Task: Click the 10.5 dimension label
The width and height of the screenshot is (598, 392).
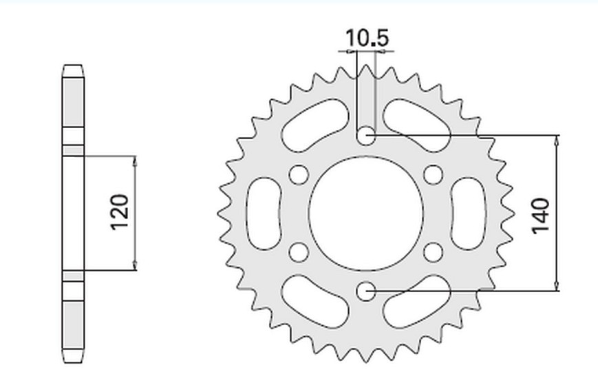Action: coord(367,38)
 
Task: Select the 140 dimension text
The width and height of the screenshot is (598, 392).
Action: coord(541,216)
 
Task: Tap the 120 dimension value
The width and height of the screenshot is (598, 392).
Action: coord(120,212)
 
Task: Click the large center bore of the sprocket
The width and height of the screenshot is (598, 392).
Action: coord(366,214)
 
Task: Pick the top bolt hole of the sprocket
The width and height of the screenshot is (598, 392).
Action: coord(366,136)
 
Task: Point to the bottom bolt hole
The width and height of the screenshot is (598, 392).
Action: coord(366,291)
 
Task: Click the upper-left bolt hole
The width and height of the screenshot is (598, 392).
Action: coord(299,174)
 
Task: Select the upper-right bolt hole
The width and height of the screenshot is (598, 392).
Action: coord(434,174)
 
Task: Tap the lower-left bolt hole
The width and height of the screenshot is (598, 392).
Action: coord(299,252)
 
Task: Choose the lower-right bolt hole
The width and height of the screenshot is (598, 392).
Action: coord(434,252)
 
